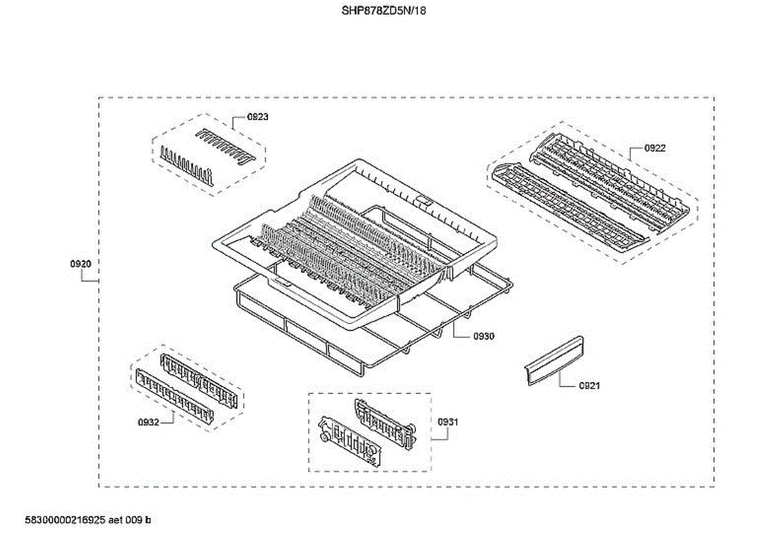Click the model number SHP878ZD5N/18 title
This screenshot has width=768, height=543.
(384, 11)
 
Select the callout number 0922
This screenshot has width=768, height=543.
(655, 148)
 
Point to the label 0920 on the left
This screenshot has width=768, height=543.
(81, 264)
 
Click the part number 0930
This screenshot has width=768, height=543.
(484, 336)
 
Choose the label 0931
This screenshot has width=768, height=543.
(448, 422)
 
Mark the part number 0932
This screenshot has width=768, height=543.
(148, 422)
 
